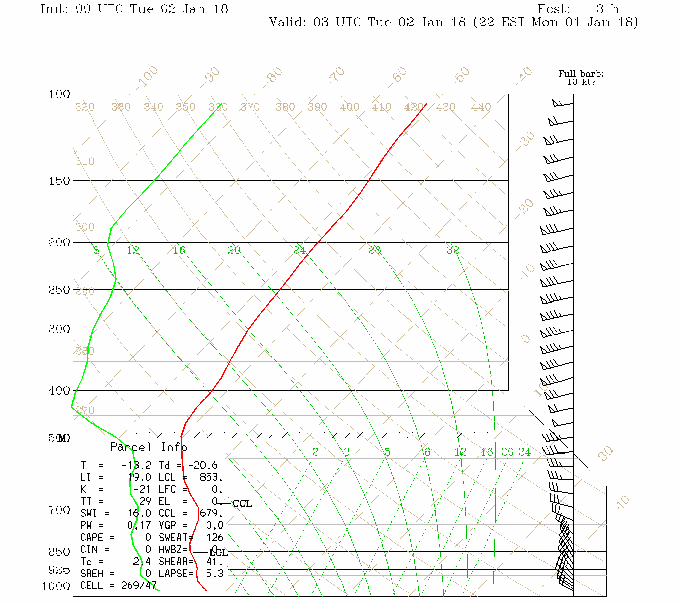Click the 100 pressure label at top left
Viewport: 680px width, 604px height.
click(59, 95)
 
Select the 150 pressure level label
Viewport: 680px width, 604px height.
click(59, 181)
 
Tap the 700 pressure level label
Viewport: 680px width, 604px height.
click(59, 510)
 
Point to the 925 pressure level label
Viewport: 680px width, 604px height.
click(59, 570)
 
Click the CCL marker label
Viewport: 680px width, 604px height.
click(242, 504)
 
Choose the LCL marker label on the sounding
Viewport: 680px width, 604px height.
click(218, 553)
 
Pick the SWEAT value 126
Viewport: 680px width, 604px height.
click(215, 538)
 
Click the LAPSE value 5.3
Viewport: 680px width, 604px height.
click(215, 574)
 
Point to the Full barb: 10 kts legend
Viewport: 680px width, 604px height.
click(581, 78)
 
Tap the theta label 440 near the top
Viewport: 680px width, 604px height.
click(481, 107)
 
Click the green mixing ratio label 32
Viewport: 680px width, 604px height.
click(452, 250)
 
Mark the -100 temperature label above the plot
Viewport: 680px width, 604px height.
click(147, 77)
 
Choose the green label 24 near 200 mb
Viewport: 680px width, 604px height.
click(299, 250)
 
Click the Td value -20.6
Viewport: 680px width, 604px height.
click(202, 465)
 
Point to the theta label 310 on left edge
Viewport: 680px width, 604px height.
click(85, 162)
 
